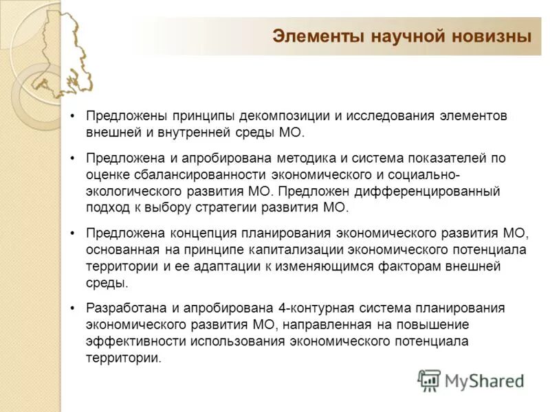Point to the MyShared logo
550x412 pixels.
click(x=470, y=380)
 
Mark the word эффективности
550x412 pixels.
click(x=131, y=341)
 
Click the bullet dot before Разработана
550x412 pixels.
click(x=72, y=308)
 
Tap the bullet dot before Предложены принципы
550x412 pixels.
click(x=72, y=115)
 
